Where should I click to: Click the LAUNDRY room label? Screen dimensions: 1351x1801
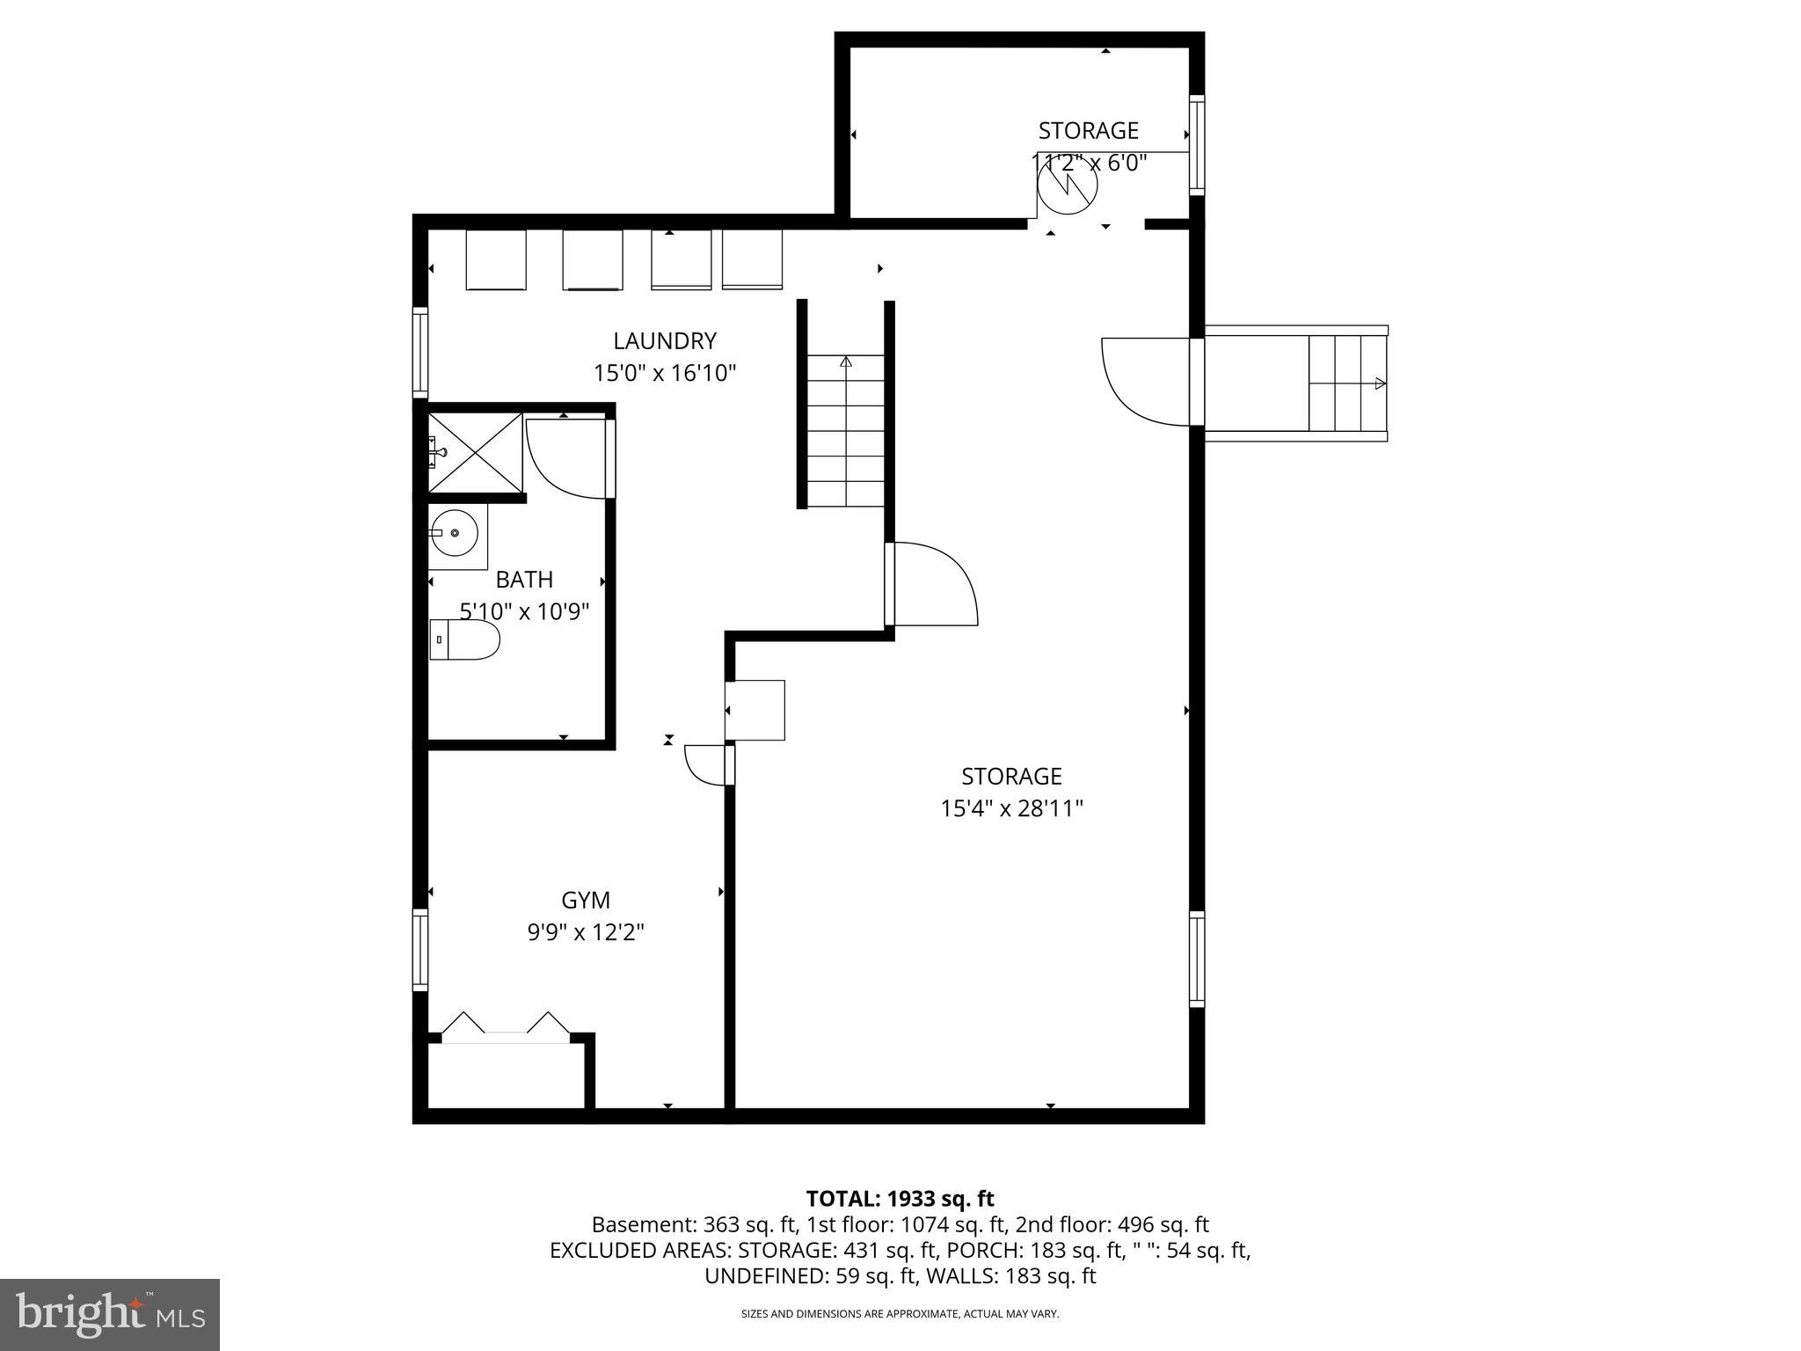coord(665,340)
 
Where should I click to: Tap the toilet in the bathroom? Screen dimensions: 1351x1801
coord(465,639)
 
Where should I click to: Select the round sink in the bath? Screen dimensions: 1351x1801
coord(454,533)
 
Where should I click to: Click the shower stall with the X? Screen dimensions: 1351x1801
coord(475,453)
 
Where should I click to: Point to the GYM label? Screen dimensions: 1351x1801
coord(586,900)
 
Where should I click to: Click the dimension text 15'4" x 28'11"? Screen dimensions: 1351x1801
coord(1011,808)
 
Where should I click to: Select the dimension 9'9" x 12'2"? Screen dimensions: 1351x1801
coord(586,931)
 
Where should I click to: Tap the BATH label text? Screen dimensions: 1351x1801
coord(524,580)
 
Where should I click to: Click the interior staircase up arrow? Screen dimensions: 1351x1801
coord(846,361)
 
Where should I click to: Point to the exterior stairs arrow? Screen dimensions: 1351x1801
coord(1380,383)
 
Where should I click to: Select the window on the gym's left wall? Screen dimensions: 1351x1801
coord(420,950)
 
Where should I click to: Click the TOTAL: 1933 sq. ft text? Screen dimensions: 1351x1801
coord(900,1198)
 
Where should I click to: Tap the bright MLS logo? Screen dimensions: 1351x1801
coord(110,1314)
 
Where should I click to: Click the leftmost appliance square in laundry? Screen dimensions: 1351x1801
coord(495,259)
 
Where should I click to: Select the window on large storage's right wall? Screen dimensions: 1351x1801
coord(1197,959)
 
